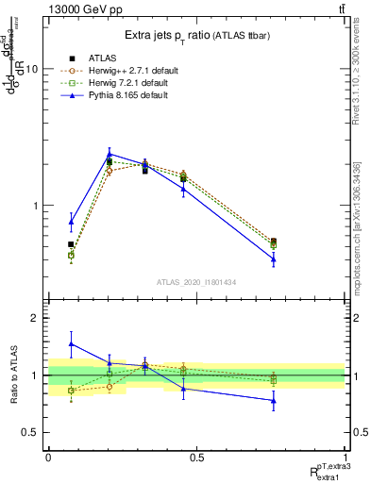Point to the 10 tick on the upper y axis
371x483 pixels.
(x=31, y=70)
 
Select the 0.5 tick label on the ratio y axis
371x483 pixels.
(x=29, y=432)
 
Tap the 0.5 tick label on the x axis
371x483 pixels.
(x=196, y=458)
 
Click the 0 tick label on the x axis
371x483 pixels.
(x=48, y=458)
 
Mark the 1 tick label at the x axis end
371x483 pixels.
(x=345, y=458)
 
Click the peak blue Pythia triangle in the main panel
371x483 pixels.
(x=110, y=154)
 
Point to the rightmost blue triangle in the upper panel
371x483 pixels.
(x=274, y=258)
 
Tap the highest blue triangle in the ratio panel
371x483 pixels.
(x=71, y=343)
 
